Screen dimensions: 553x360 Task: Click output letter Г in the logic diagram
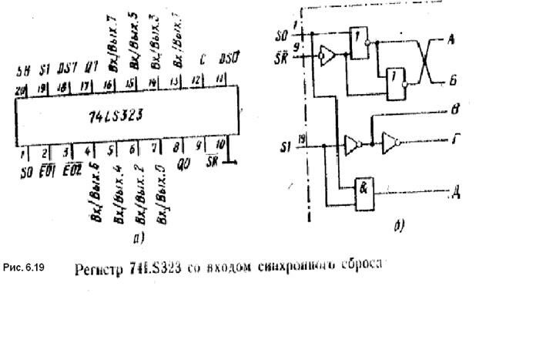pyautogui.click(x=457, y=141)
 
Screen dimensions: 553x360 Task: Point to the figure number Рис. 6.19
pyautogui.click(x=28, y=268)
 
